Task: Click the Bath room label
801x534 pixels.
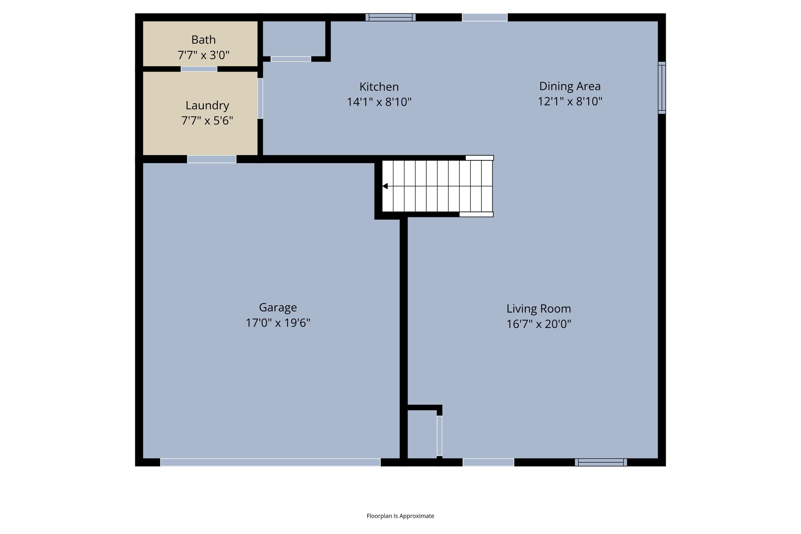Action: click(x=203, y=40)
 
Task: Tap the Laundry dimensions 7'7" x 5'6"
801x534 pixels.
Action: click(x=207, y=120)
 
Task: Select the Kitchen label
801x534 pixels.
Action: click(x=379, y=86)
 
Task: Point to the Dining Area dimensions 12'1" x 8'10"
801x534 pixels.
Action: click(x=570, y=101)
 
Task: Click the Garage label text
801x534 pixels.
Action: click(x=278, y=307)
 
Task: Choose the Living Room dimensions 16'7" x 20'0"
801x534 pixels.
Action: click(x=539, y=324)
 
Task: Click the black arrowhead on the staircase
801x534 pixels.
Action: click(x=385, y=186)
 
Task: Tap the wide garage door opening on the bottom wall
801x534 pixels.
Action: click(x=270, y=462)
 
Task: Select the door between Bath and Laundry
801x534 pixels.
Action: click(x=199, y=69)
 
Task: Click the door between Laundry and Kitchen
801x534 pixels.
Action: click(x=260, y=98)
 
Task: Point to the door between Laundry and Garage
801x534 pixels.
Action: click(x=212, y=159)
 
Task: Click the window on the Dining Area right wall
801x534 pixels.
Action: click(x=661, y=88)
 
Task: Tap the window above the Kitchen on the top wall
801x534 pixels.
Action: click(x=390, y=17)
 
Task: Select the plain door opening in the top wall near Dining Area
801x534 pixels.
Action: click(x=485, y=17)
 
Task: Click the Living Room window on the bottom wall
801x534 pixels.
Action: click(x=601, y=462)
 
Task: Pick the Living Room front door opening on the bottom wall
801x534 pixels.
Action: click(x=488, y=462)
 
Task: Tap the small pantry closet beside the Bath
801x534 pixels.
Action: click(x=293, y=38)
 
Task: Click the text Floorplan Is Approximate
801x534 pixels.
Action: click(x=400, y=516)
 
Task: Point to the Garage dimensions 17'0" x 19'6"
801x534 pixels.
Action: click(x=278, y=323)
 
